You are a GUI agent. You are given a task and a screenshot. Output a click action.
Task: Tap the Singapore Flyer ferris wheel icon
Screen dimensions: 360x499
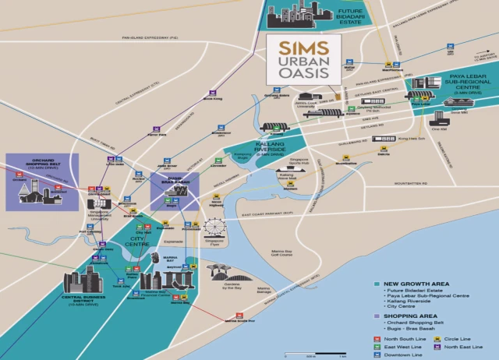tap(214, 228)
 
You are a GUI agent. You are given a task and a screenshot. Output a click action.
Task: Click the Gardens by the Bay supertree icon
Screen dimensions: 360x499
tap(221, 270)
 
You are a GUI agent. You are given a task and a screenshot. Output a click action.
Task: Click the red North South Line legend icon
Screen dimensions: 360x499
tap(377, 340)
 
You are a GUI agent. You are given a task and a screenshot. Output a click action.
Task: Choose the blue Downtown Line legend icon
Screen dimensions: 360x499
tap(377, 355)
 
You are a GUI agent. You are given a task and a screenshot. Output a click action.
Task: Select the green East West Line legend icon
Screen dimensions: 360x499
tap(377, 348)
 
